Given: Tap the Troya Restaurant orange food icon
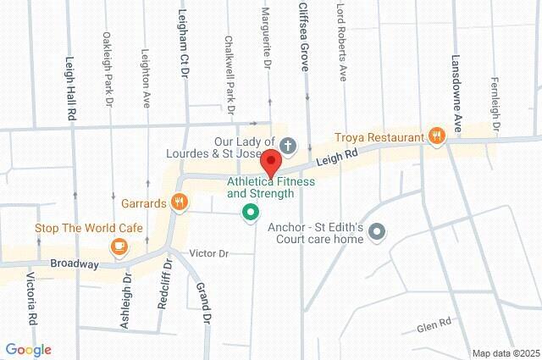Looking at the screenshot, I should pos(437,136).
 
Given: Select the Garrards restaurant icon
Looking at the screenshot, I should pos(179,202).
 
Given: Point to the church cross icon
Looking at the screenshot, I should pos(288,145).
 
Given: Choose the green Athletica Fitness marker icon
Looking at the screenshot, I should pos(250,212).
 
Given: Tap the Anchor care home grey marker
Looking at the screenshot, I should pos(378,231).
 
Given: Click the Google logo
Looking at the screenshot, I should pos(28,350).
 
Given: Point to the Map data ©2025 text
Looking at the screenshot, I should pos(505,353).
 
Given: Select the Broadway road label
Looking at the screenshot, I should pos(74,264).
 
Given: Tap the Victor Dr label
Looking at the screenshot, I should pos(209,253).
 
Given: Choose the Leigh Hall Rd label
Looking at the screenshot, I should pos(71,88).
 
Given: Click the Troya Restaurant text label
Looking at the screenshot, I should pos(379,137).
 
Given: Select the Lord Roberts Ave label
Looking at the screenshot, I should pos(340,40).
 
